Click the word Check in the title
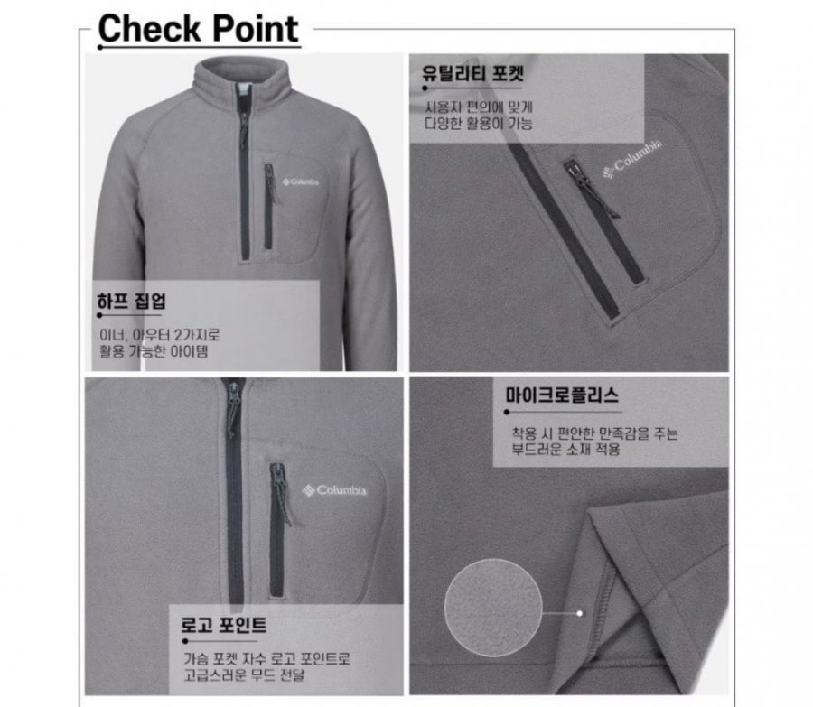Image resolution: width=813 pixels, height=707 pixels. pyautogui.click(x=148, y=29)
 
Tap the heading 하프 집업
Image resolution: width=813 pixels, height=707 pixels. pyautogui.click(x=132, y=301)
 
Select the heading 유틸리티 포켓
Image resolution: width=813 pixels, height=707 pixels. pyautogui.click(x=472, y=74)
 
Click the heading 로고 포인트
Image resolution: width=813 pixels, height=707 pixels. pyautogui.click(x=223, y=625)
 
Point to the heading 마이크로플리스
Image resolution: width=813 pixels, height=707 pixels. pyautogui.click(x=562, y=395)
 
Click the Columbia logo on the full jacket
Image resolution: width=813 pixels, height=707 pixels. pyautogui.click(x=301, y=181)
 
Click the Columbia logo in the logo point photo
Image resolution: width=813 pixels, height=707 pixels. pyautogui.click(x=334, y=490)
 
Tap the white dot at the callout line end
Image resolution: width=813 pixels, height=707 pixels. pyautogui.click(x=580, y=613)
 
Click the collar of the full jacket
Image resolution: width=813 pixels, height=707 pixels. pyautogui.click(x=240, y=78)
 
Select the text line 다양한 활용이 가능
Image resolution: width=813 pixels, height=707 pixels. pyautogui.click(x=479, y=124)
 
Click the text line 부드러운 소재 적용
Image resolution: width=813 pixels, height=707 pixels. pyautogui.click(x=565, y=449)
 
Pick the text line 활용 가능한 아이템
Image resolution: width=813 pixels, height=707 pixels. pyautogui.click(x=154, y=351)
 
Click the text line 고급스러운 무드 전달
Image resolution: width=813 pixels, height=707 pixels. pyautogui.click(x=244, y=674)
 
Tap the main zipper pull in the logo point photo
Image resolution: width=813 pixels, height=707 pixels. pyautogui.click(x=233, y=409)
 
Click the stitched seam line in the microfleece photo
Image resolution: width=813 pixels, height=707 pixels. pyautogui.click(x=606, y=609)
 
